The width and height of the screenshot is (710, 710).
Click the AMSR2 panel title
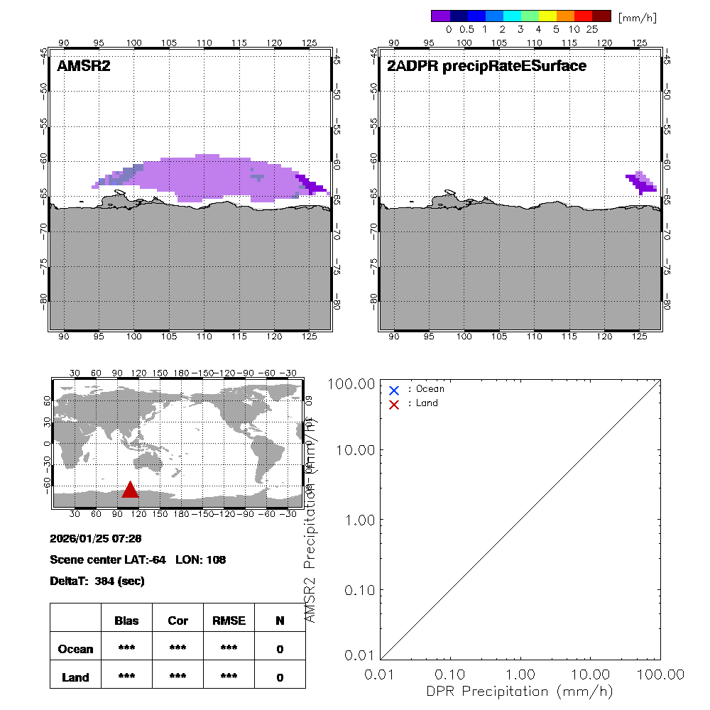tap(84, 67)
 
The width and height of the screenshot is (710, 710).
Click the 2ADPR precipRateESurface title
tap(486, 67)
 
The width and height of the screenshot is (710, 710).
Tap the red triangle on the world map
tap(130, 490)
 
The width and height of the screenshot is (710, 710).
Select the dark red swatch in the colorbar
tap(601, 16)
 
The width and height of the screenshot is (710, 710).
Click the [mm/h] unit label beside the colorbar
tap(637, 16)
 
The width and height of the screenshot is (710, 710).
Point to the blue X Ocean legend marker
tap(394, 390)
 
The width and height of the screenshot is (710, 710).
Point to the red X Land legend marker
tap(394, 403)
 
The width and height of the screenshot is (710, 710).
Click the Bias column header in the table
tap(126, 621)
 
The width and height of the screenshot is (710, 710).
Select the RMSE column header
tap(229, 621)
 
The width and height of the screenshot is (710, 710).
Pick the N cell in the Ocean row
tap(280, 649)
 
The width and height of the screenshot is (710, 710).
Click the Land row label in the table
tap(75, 677)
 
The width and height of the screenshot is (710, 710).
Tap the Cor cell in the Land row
tap(177, 677)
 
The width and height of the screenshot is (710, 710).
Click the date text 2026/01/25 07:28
tap(96, 538)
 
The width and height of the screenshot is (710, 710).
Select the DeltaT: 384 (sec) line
tap(97, 581)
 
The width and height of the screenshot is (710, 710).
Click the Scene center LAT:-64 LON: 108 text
tap(138, 559)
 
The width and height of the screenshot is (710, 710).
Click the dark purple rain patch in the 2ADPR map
tap(645, 185)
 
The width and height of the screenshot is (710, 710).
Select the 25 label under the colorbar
tap(592, 30)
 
